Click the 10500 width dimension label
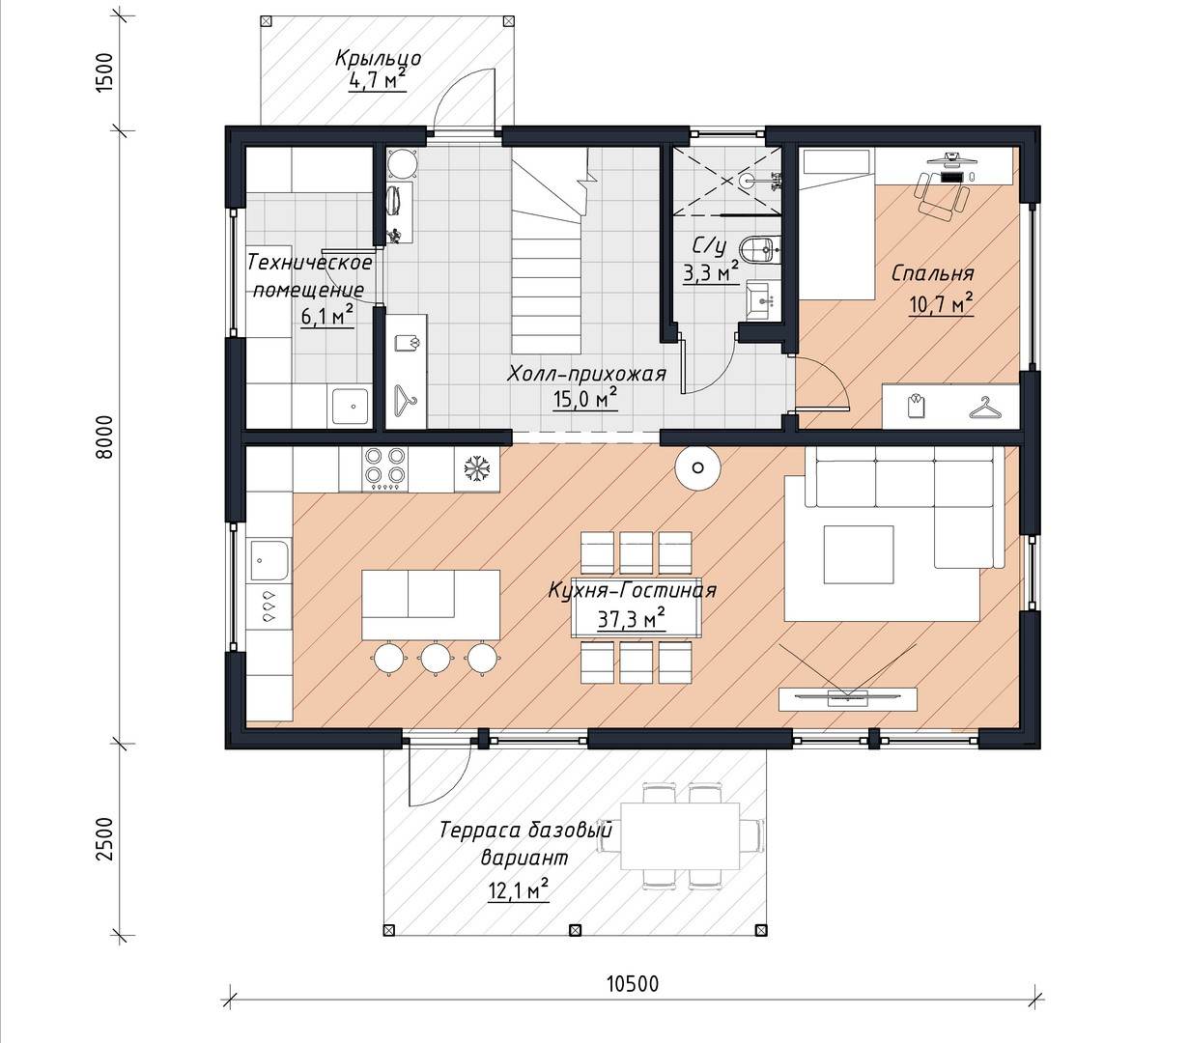tap(632, 984)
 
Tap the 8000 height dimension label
tap(104, 437)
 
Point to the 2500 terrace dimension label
tap(104, 838)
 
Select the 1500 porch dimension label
tap(104, 71)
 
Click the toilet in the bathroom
tap(760, 250)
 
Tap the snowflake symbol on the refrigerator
tap(476, 467)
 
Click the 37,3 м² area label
tap(632, 617)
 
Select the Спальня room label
tap(933, 273)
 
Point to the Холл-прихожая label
tap(587, 374)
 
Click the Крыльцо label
tap(378, 59)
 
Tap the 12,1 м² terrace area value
tap(519, 890)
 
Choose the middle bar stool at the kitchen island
tap(435, 658)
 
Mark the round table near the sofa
tap(696, 467)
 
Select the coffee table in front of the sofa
tap(858, 554)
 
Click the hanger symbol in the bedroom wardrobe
tap(985, 408)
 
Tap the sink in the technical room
tap(351, 405)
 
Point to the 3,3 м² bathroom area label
tap(711, 273)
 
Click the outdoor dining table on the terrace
tap(680, 835)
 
